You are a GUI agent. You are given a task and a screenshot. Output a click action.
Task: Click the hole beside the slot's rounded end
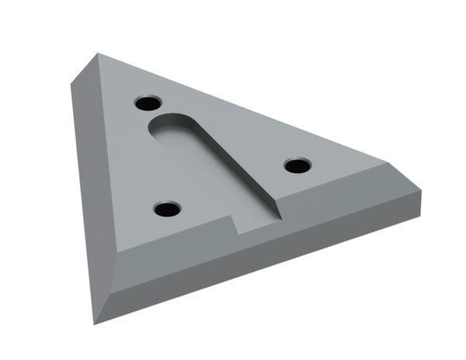[146, 102]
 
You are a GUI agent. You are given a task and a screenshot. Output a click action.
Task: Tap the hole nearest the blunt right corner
[297, 164]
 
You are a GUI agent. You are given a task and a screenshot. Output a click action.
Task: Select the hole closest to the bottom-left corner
[166, 209]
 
